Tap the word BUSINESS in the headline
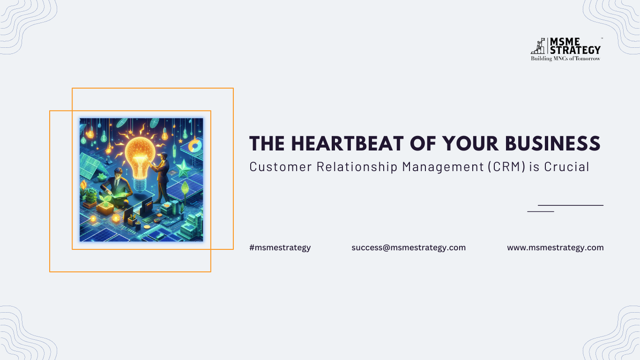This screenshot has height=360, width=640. (552, 143)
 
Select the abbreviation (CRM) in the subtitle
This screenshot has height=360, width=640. (506, 167)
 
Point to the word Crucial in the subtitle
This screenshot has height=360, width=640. (566, 167)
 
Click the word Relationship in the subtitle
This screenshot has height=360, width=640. (357, 167)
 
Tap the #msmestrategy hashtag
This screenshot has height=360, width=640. (280, 247)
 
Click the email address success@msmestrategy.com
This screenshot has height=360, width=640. (409, 247)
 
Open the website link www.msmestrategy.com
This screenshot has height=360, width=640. (555, 247)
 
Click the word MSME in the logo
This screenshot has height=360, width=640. (565, 42)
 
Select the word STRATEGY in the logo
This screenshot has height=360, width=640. (575, 50)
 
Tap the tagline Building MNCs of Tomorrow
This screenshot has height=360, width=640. (566, 59)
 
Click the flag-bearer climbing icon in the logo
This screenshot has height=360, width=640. (538, 46)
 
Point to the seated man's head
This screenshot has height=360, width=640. (118, 173)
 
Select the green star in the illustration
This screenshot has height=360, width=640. (184, 168)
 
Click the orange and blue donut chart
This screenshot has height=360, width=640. (195, 145)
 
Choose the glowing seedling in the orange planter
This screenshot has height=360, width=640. (106, 201)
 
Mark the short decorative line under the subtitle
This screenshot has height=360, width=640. (541, 211)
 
